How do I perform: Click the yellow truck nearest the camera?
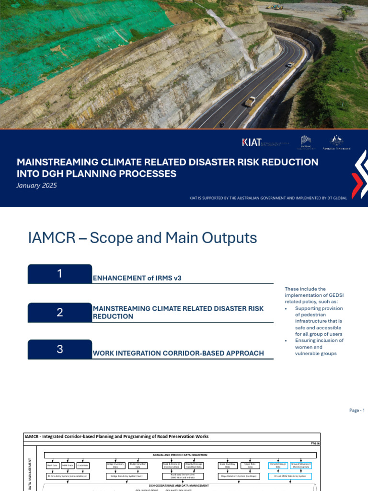(250, 101)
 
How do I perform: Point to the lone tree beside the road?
(346, 12)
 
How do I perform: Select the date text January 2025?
(36, 186)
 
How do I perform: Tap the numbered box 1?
(60, 274)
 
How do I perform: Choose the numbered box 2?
(60, 313)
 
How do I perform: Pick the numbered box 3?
(60, 349)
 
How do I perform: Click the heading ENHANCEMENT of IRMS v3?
(137, 278)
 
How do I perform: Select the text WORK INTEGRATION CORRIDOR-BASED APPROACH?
(178, 353)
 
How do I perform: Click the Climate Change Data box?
(278, 465)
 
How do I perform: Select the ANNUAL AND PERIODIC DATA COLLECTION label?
(180, 455)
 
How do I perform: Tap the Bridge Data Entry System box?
(127, 476)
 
